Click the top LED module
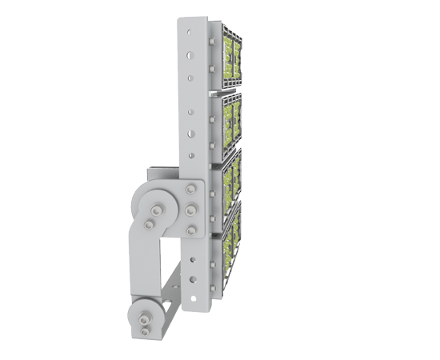(230, 56)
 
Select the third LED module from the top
(230, 180)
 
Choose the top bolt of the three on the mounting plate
(190, 190)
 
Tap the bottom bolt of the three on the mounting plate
(190, 230)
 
